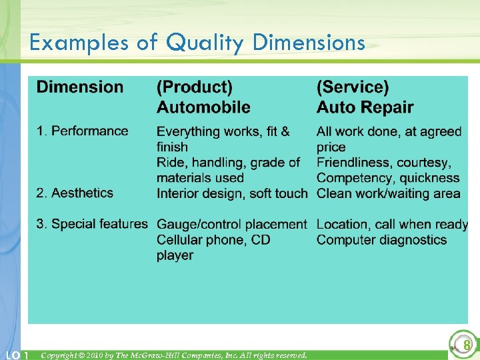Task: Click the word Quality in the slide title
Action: click(x=207, y=43)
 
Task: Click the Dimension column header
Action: click(x=80, y=87)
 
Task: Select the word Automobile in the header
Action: click(x=203, y=107)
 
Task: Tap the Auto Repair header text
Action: click(x=365, y=107)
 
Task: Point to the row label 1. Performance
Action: click(x=83, y=131)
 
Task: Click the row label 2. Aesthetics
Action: click(x=75, y=193)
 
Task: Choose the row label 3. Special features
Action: click(x=92, y=224)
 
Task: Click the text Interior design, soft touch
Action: click(x=232, y=193)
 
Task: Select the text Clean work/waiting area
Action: click(x=388, y=193)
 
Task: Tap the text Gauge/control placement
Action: click(x=231, y=225)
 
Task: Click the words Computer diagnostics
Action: click(x=381, y=240)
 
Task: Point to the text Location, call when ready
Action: click(x=392, y=225)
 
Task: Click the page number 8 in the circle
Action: click(x=467, y=345)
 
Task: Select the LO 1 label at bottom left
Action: click(x=15, y=355)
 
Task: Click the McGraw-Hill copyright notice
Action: click(x=174, y=355)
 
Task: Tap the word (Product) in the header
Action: click(x=195, y=87)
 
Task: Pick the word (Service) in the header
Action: click(x=353, y=87)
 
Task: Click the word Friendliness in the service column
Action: click(x=353, y=163)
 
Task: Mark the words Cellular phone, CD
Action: click(x=213, y=240)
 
